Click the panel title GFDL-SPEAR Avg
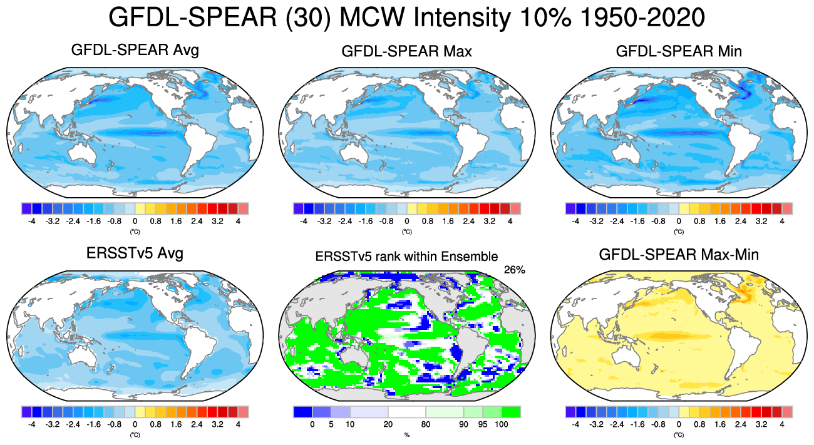click(135, 50)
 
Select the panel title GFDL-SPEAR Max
click(407, 51)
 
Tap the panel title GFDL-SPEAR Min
click(679, 51)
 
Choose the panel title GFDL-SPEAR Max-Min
click(679, 254)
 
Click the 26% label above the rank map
click(514, 270)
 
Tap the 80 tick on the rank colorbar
click(426, 424)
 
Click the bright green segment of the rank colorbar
click(511, 412)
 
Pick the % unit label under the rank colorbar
click(406, 434)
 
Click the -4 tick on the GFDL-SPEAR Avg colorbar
click(32, 221)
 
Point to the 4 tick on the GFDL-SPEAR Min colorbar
click(781, 221)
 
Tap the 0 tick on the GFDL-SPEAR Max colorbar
click(407, 221)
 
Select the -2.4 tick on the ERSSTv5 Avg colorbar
click(73, 424)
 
